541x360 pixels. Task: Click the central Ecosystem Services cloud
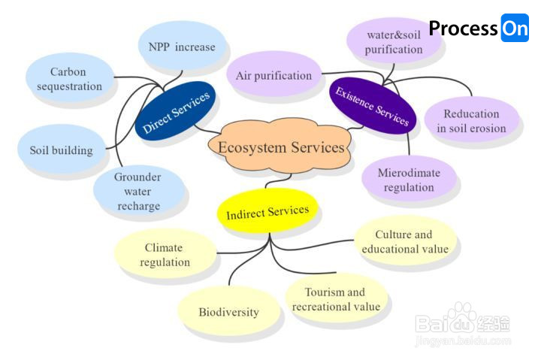(281, 147)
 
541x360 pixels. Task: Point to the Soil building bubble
(62, 150)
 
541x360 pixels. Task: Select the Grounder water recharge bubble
(138, 191)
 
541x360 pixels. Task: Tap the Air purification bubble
(274, 75)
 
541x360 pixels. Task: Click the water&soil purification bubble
(393, 42)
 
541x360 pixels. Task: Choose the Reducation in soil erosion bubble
(471, 121)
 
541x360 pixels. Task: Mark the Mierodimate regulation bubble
(409, 180)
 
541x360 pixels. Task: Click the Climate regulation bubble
(164, 255)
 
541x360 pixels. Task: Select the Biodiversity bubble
(228, 312)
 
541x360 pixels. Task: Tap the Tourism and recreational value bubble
(335, 299)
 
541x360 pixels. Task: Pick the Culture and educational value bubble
(404, 241)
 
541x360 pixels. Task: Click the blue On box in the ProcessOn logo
(515, 28)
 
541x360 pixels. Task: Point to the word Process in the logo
(463, 29)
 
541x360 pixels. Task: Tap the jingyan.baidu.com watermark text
(463, 340)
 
